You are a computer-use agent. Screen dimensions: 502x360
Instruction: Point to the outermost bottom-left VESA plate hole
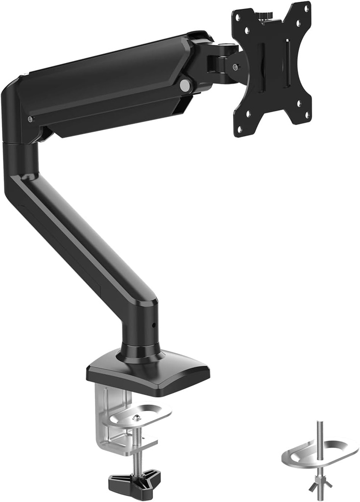coord(240,129)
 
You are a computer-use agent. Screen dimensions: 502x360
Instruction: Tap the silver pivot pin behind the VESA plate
coord(236,67)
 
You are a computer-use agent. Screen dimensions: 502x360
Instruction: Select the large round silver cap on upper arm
coord(185,85)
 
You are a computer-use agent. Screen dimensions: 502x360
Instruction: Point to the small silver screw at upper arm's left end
coord(30,119)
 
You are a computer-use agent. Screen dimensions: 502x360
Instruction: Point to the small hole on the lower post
coord(153,325)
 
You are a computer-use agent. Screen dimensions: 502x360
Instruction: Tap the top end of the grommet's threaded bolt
coord(319,424)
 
